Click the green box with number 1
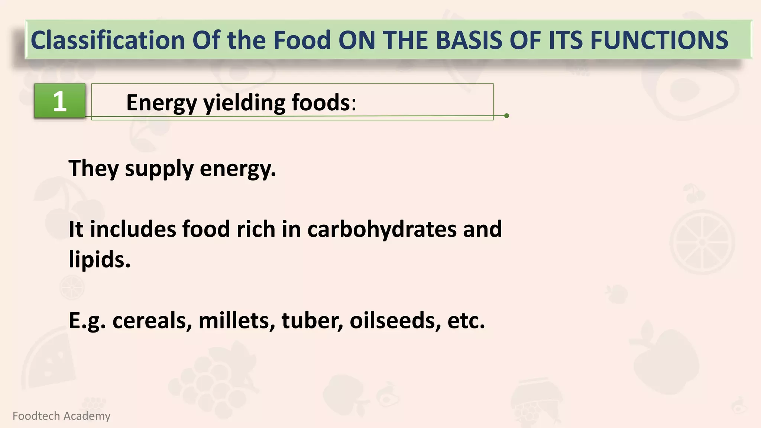point(60,101)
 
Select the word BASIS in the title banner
point(469,40)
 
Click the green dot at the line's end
point(506,116)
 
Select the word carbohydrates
point(382,229)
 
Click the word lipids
point(99,259)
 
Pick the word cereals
point(152,320)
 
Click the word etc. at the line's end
point(466,320)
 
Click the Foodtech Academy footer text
point(61,416)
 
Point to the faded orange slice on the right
point(702,242)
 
